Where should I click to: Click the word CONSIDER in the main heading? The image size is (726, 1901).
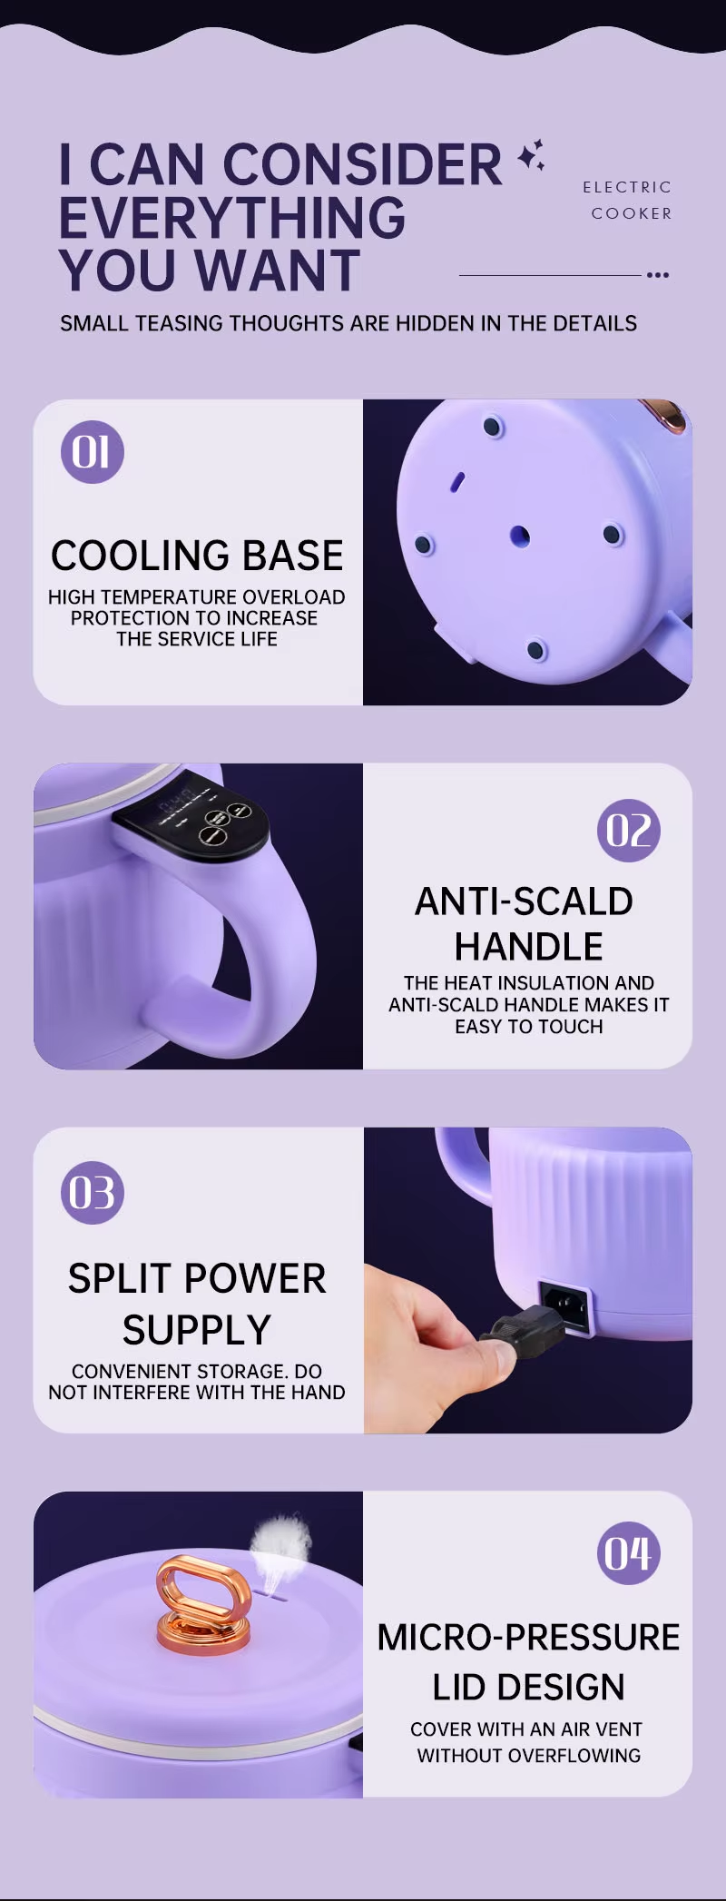point(362,165)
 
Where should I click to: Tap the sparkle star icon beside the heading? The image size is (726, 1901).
point(531,155)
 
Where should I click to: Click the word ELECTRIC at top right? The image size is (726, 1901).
point(627,187)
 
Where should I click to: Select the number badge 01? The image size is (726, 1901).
point(92,452)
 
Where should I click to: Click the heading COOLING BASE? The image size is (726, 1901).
point(197,555)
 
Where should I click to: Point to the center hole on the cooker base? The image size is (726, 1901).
point(519,535)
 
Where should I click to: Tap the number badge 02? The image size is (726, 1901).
point(628,830)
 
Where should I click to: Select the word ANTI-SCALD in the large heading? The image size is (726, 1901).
point(524,901)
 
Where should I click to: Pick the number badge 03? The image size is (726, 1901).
point(92,1193)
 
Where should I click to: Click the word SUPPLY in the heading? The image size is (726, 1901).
point(197,1330)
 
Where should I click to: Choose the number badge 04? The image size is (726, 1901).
point(628,1553)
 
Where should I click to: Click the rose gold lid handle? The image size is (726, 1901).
point(202,1602)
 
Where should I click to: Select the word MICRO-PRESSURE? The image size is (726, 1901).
point(528,1637)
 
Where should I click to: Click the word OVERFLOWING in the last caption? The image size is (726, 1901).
point(574,1756)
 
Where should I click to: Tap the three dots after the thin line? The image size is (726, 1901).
point(658,274)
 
